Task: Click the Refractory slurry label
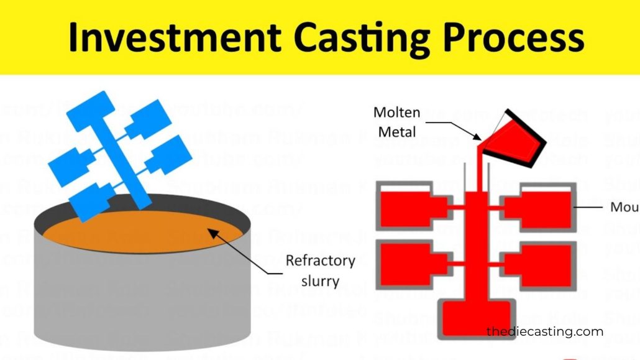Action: pyautogui.click(x=320, y=270)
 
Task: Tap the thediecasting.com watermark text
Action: pyautogui.click(x=544, y=331)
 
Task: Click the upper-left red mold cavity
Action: pyautogui.click(x=407, y=206)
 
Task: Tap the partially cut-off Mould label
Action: pyautogui.click(x=624, y=207)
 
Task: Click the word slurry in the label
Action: pyautogui.click(x=320, y=280)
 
